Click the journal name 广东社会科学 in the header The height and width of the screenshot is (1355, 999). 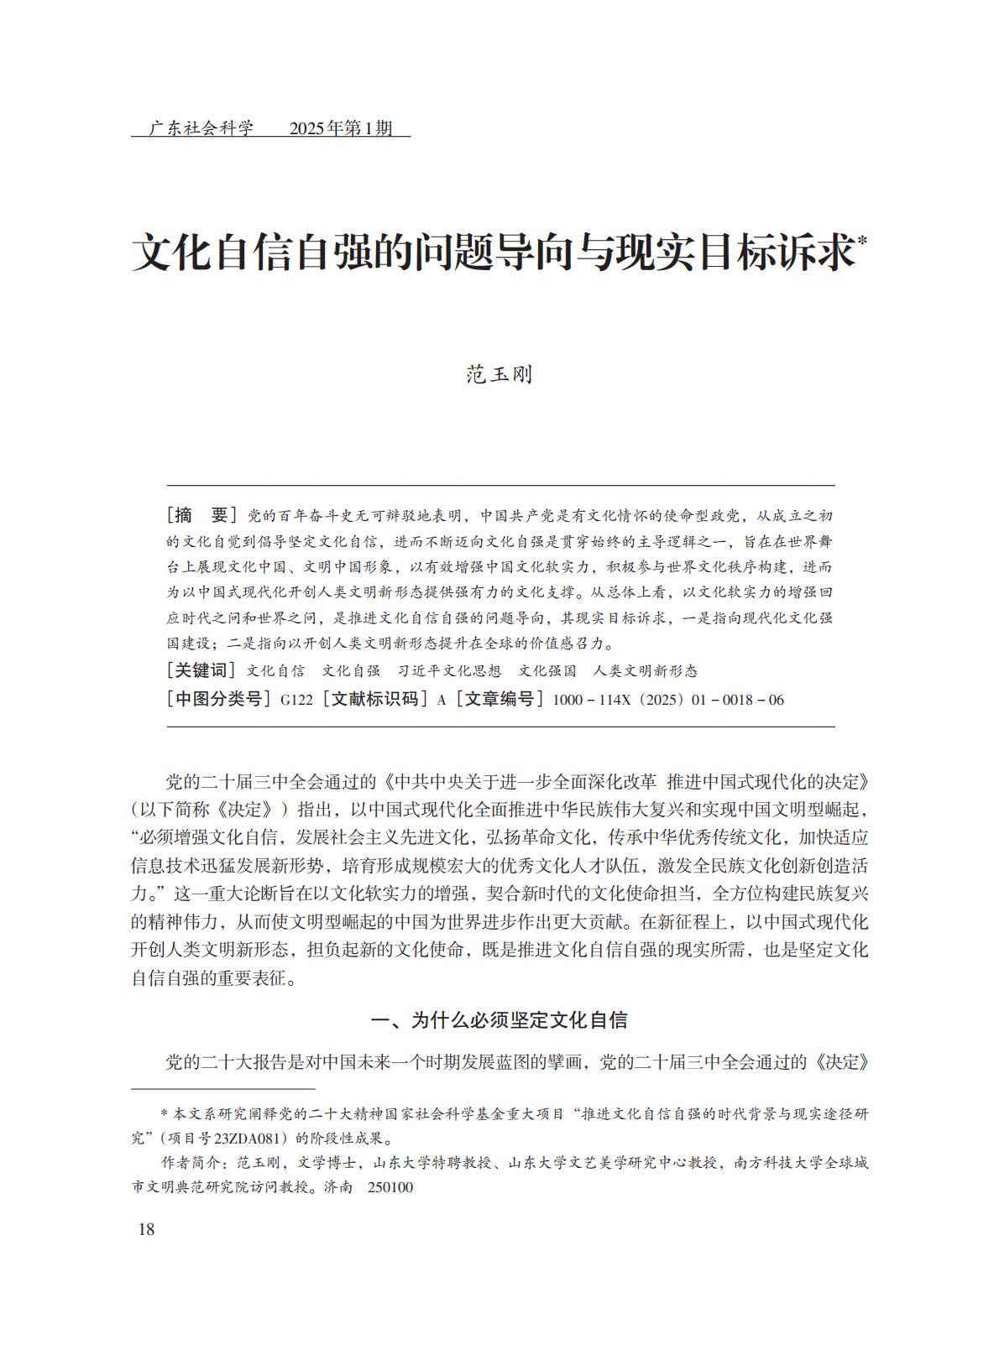pos(201,128)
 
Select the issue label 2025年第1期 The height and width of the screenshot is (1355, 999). pos(340,128)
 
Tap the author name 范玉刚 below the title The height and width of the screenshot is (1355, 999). pos(499,375)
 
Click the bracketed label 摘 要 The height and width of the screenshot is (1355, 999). pos(202,515)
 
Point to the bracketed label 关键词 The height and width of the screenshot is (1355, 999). pos(202,670)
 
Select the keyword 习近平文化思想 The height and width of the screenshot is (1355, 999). pos(449,671)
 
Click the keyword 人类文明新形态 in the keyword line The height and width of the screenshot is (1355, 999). pos(645,671)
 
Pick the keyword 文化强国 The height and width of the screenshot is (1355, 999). pos(547,671)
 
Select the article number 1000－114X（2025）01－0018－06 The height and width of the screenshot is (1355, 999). pos(668,700)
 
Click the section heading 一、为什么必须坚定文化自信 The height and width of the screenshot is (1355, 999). pos(499,1020)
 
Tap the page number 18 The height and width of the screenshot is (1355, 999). pos(146,1230)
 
